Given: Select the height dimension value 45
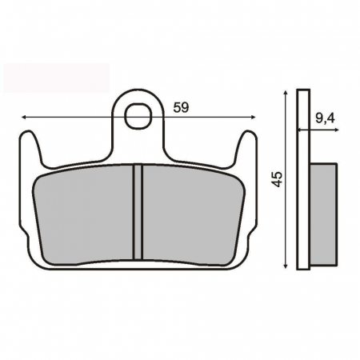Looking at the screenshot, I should click(276, 178).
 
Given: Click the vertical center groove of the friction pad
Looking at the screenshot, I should click(138, 211).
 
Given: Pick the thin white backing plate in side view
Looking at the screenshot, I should click(302, 180).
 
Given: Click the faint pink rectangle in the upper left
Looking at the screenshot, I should click(56, 77).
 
